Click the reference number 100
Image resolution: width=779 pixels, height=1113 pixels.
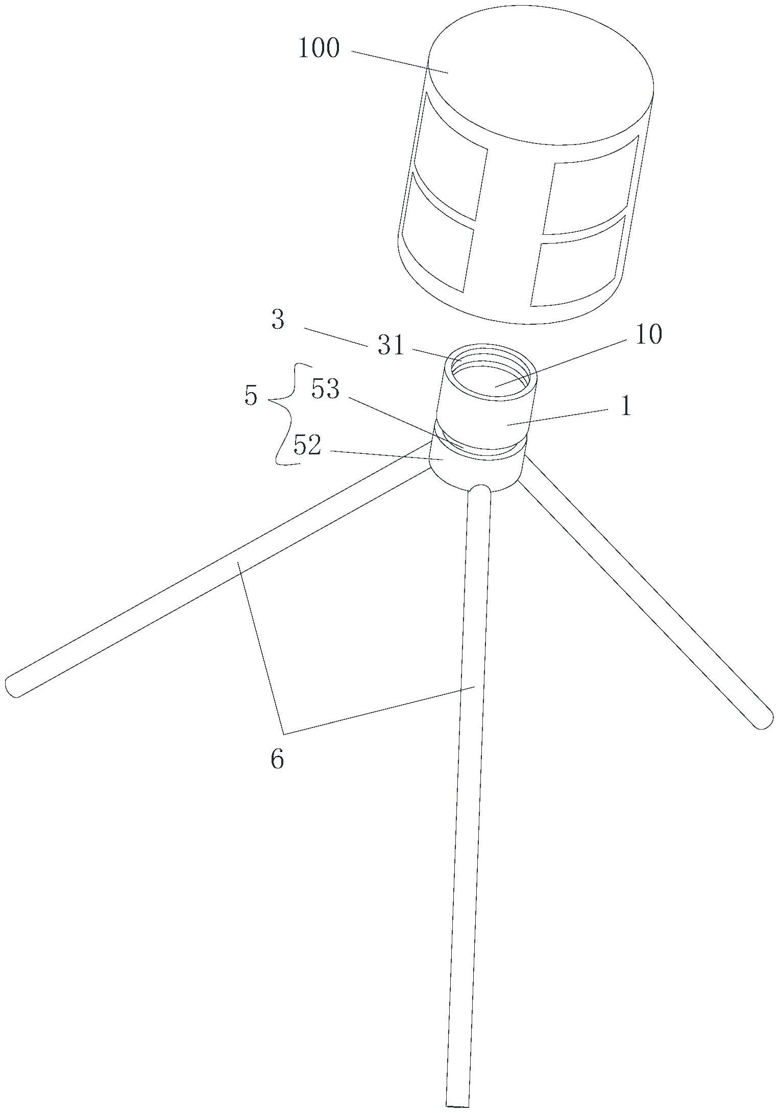coord(319,50)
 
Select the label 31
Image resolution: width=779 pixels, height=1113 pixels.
coord(391,347)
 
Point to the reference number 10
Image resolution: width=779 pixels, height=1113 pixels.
coord(648,335)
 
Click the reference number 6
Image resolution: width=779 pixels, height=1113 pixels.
coord(277,760)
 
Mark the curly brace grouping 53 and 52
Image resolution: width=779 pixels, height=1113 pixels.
coord(286,414)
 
